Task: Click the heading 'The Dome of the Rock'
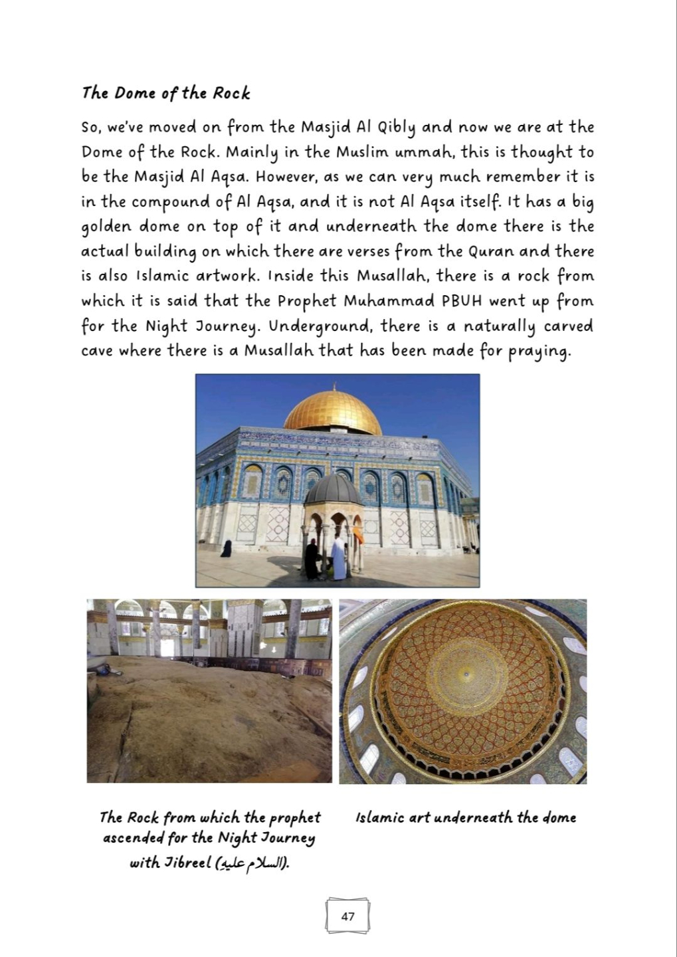tap(165, 93)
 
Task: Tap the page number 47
tap(347, 916)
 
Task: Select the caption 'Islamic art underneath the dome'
tap(465, 818)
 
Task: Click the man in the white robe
tap(339, 557)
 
